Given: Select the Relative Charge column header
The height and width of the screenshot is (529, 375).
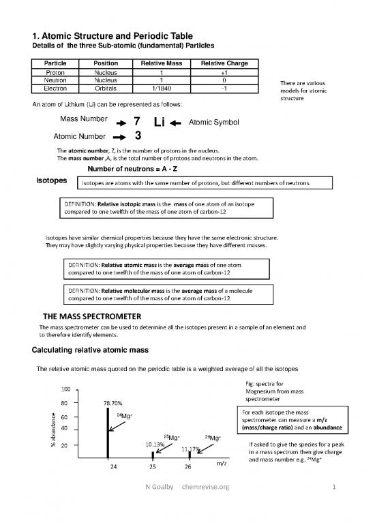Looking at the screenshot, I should click(x=224, y=64).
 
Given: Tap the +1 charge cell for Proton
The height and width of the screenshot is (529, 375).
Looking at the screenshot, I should click(x=224, y=72).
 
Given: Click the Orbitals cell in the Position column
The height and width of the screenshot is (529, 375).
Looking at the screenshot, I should click(x=106, y=88).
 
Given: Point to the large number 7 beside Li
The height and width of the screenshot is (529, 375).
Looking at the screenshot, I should click(x=137, y=122).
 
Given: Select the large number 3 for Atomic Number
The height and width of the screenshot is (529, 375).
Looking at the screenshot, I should click(x=138, y=135).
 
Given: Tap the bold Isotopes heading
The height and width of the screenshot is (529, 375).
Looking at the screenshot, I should click(x=51, y=181).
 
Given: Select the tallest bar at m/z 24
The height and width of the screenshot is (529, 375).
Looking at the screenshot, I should click(x=108, y=432).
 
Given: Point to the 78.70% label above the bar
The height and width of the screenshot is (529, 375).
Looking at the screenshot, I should click(x=112, y=402).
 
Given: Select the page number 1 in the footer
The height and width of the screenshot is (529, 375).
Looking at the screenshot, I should click(x=334, y=506).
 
